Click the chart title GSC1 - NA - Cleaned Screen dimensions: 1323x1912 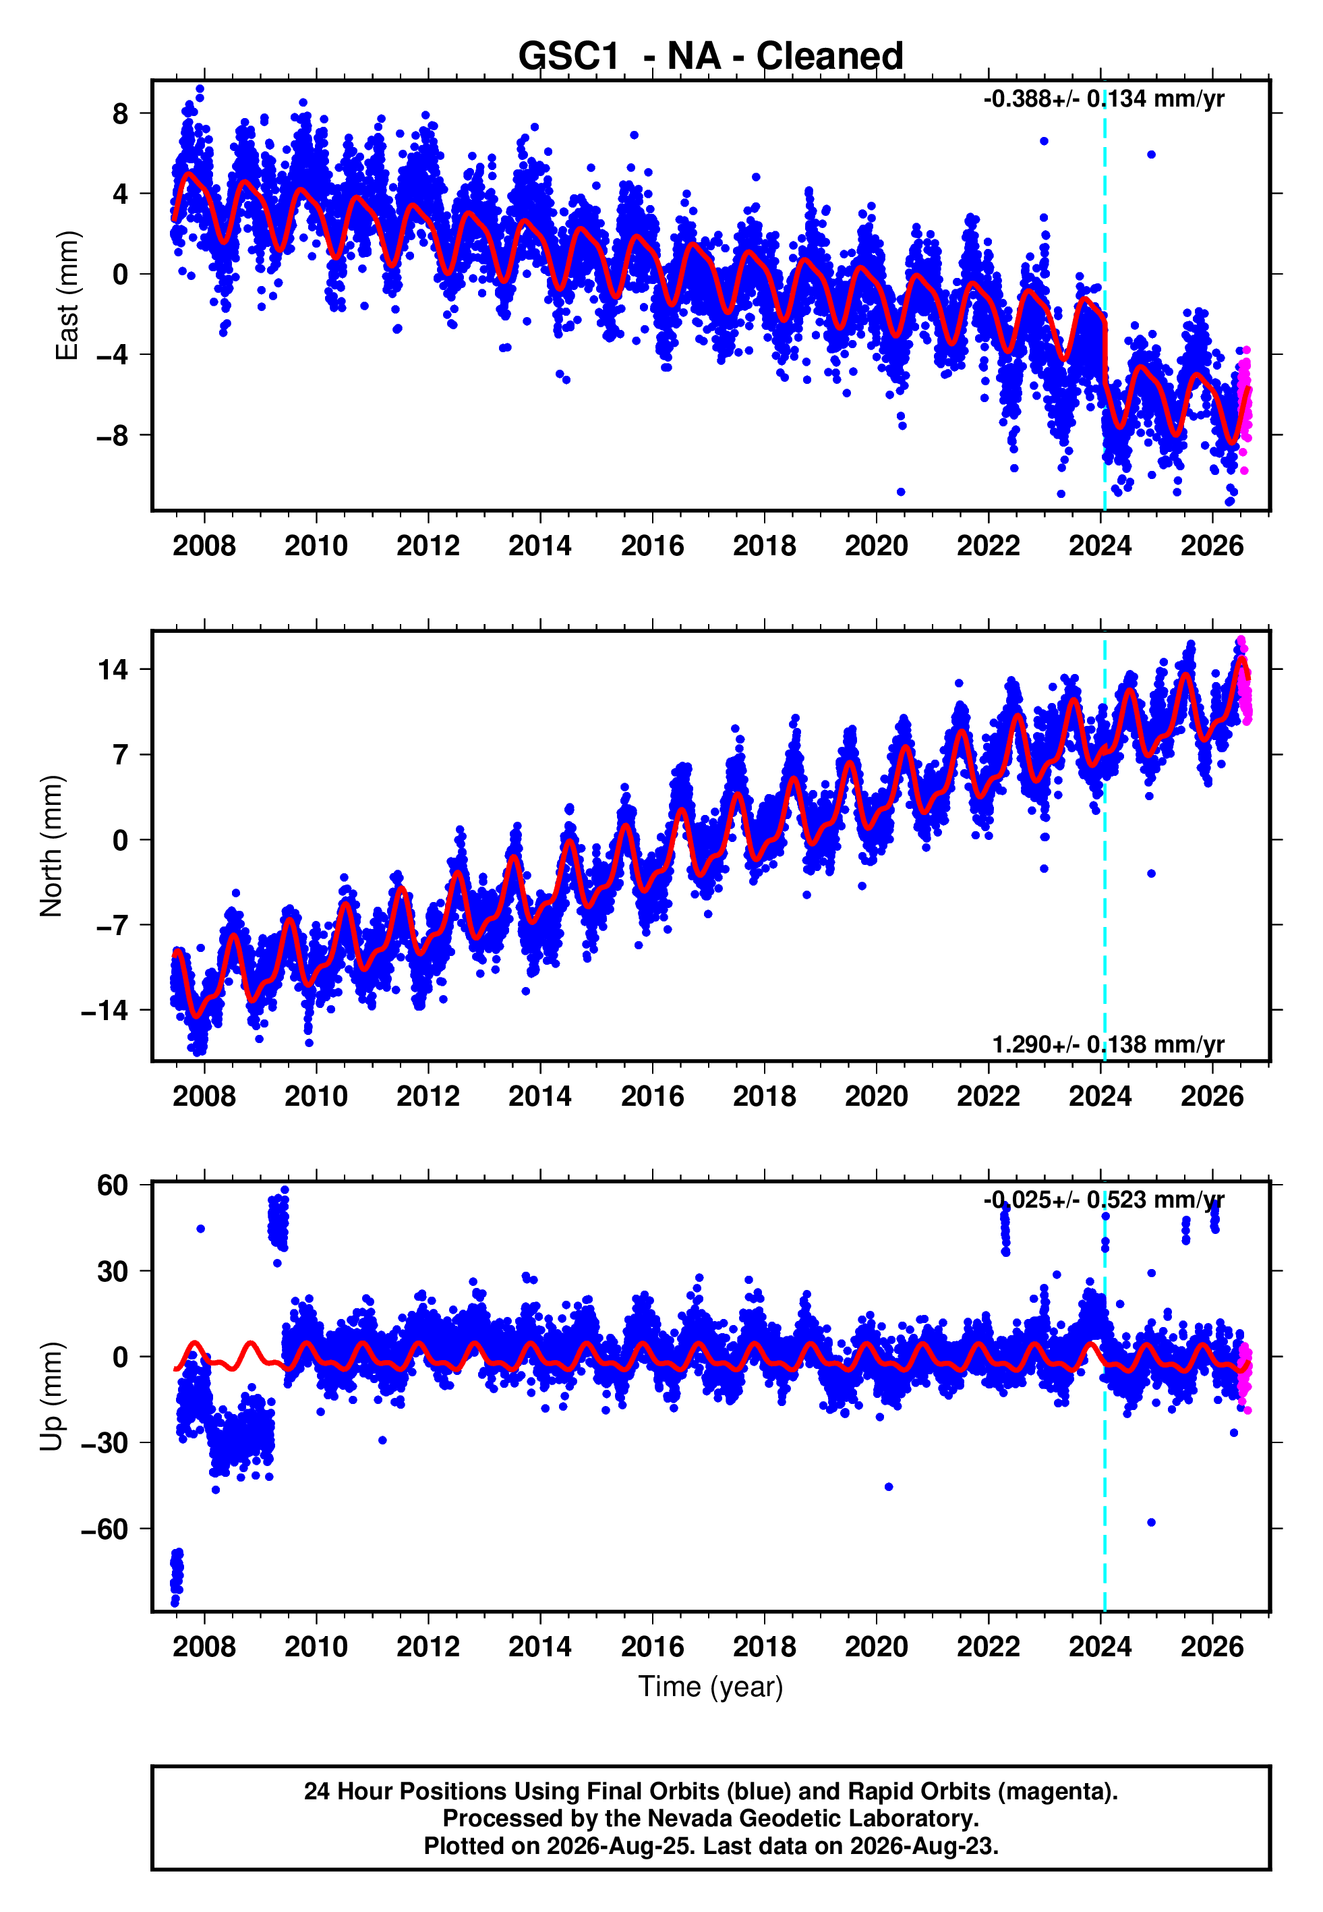coord(711,57)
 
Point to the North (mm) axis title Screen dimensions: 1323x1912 coord(51,846)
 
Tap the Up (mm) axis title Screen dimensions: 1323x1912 coord(51,1397)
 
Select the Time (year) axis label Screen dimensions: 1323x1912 coord(711,1687)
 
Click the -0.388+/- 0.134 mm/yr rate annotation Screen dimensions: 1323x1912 coord(1104,99)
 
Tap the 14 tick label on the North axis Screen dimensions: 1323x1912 coord(113,669)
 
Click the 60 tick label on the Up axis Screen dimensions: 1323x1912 coord(113,1185)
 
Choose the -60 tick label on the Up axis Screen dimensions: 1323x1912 coord(105,1529)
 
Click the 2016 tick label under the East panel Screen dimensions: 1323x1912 coord(652,546)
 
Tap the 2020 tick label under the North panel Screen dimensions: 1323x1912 coord(876,1096)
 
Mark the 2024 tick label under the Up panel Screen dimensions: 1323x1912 coord(1100,1647)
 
